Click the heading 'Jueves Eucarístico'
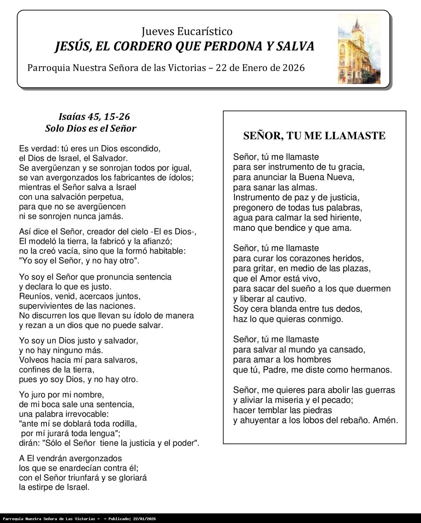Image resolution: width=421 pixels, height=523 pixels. pyautogui.click(x=187, y=31)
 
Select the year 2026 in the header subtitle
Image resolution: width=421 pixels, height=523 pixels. pyautogui.click(x=294, y=68)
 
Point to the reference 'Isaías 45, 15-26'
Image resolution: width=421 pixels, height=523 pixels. pyautogui.click(x=94, y=116)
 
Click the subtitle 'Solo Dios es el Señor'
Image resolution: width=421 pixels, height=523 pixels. pyautogui.click(x=90, y=128)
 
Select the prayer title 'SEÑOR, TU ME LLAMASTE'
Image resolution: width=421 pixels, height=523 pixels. pyautogui.click(x=314, y=135)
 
